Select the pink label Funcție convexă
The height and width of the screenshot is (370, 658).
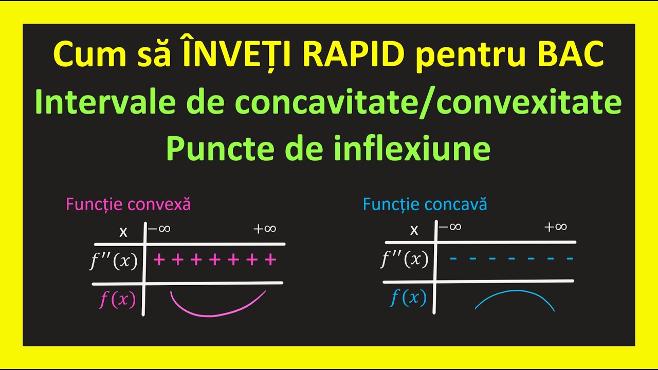128,205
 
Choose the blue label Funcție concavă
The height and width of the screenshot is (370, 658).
425,205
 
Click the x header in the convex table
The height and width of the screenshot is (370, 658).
123,232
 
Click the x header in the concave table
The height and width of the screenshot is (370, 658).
414,230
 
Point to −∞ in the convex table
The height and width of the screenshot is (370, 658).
159,229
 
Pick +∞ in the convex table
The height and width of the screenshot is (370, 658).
265,229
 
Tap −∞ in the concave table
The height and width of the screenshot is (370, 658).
450,227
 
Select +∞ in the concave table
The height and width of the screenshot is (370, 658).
556,227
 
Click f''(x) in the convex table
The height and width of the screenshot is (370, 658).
114,262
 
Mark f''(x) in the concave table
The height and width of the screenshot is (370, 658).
405,260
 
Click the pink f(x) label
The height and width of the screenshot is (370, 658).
117,300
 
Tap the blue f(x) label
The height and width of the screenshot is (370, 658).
408,298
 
